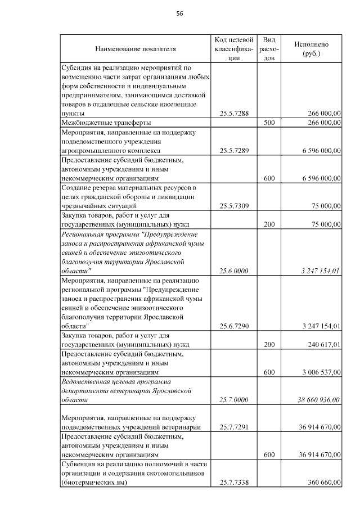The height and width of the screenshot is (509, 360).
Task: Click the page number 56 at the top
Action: (x=180, y=13)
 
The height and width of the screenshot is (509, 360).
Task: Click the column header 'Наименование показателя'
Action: (x=136, y=49)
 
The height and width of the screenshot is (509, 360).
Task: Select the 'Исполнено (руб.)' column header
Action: (x=311, y=49)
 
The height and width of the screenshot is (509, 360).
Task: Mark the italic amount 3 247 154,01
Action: (x=317, y=271)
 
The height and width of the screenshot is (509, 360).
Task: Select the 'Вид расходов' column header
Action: (x=269, y=49)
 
